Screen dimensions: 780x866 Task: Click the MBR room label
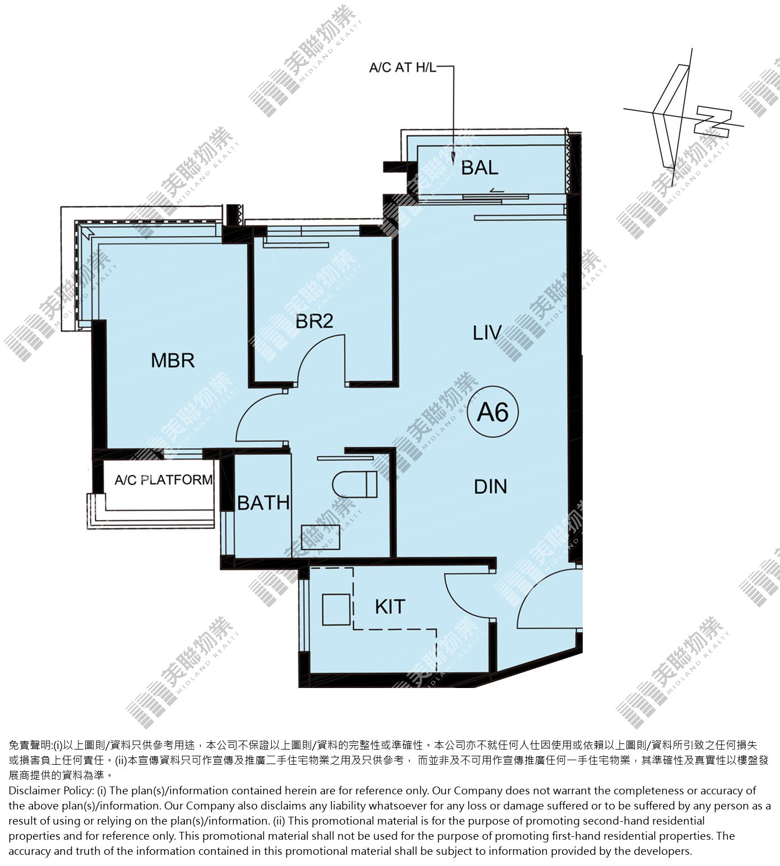pyautogui.click(x=173, y=361)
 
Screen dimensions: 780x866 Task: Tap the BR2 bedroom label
pyautogui.click(x=314, y=321)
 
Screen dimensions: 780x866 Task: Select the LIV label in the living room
pyautogui.click(x=487, y=333)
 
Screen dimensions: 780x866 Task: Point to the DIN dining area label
pyautogui.click(x=490, y=487)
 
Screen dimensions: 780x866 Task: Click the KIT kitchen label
pyautogui.click(x=390, y=607)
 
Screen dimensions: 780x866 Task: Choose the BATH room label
pyautogui.click(x=263, y=503)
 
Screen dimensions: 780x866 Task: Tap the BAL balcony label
pyautogui.click(x=480, y=167)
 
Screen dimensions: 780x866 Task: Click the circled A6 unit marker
pyautogui.click(x=493, y=413)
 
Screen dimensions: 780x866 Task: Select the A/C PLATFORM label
pyautogui.click(x=164, y=480)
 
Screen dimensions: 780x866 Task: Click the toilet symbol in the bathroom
pyautogui.click(x=355, y=484)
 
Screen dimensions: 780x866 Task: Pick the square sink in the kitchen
pyautogui.click(x=337, y=609)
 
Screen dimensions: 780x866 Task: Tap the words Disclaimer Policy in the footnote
pyautogui.click(x=50, y=790)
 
